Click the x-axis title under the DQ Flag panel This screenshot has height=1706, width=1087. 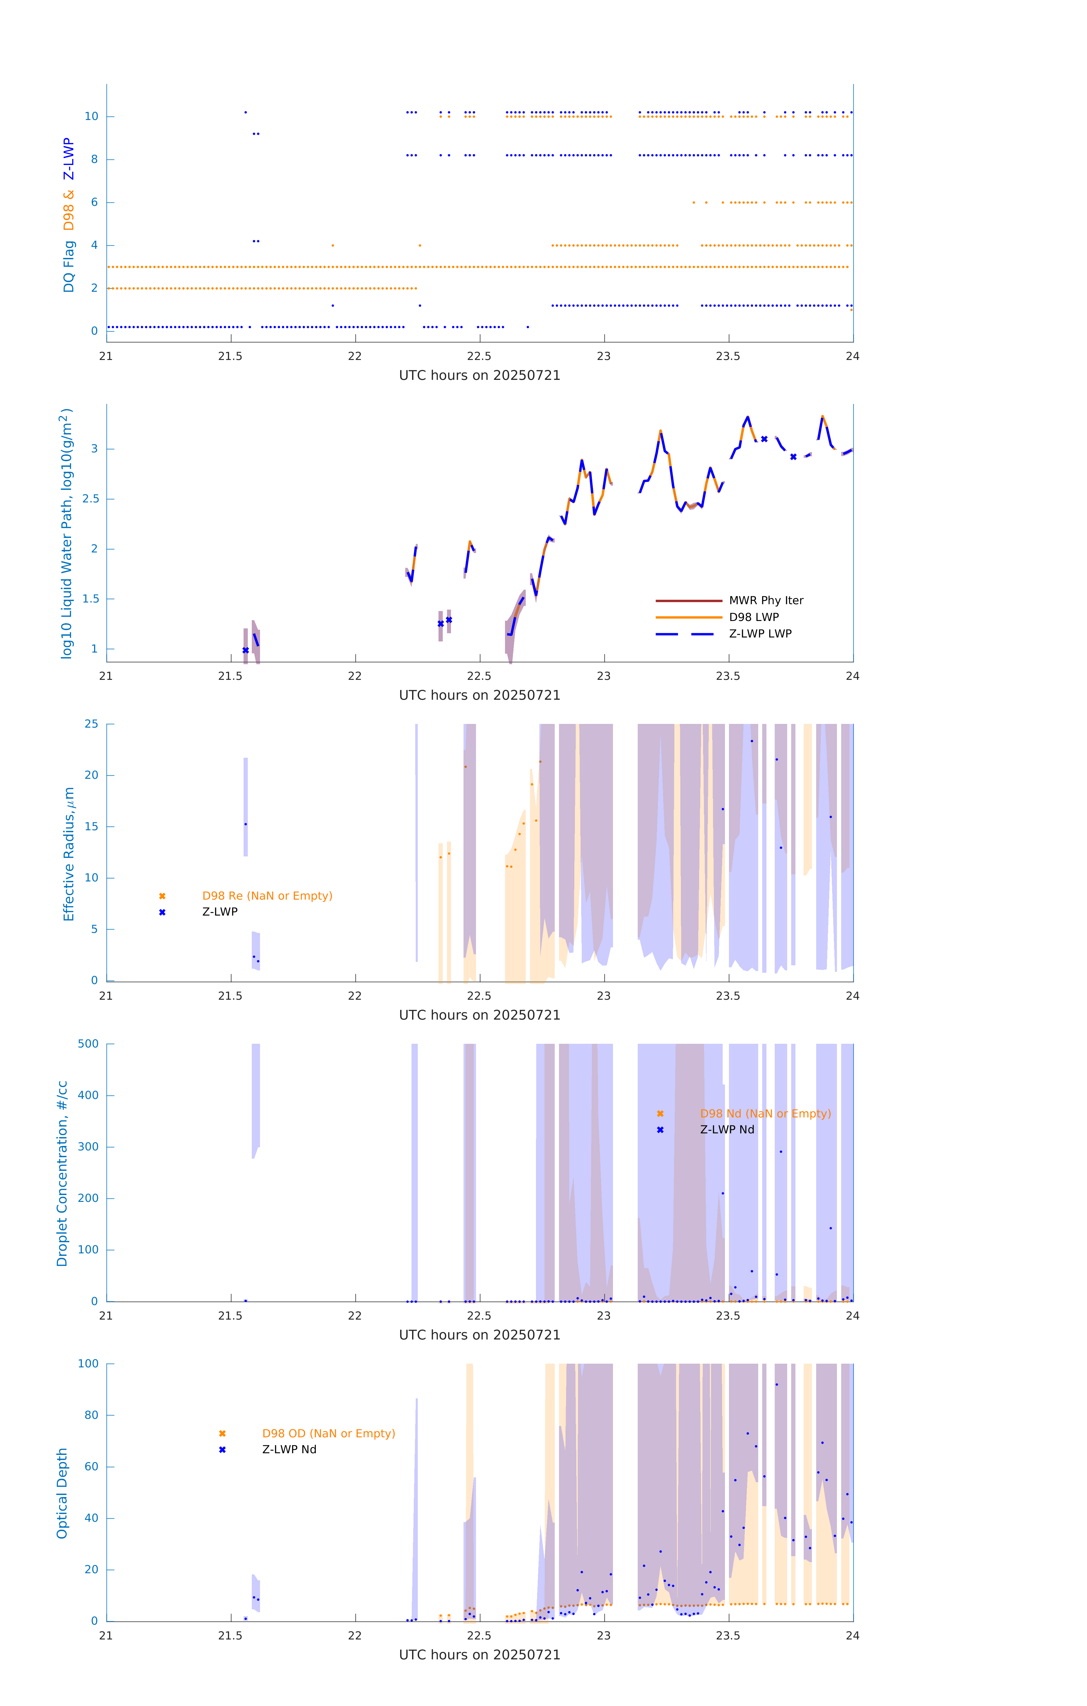[479, 376]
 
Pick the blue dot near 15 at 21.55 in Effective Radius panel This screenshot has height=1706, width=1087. [246, 824]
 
